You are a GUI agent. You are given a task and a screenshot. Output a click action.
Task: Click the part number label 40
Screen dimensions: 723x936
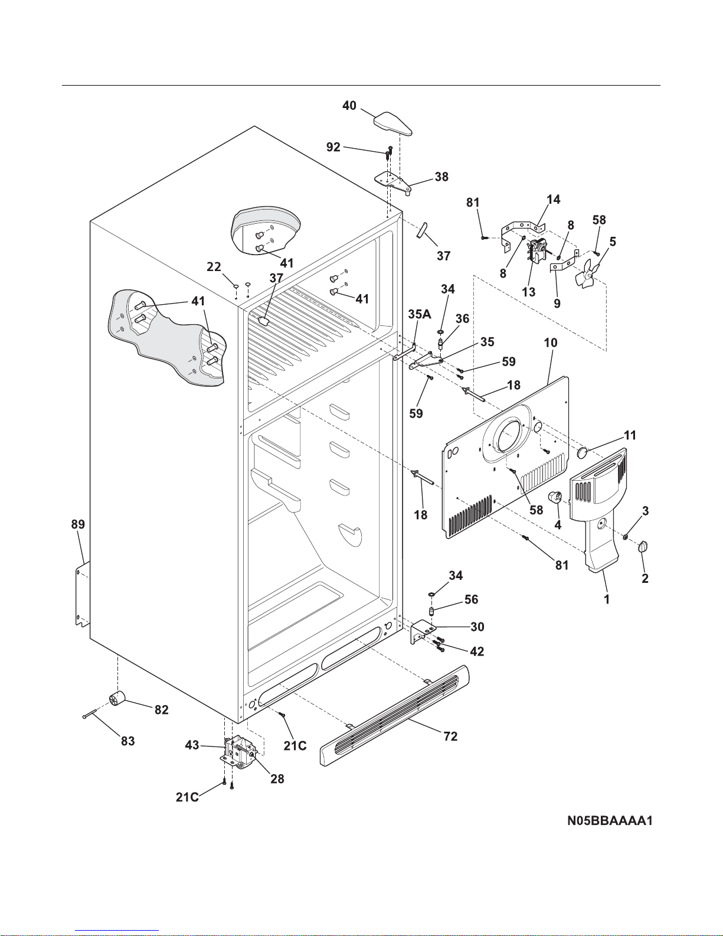coord(349,106)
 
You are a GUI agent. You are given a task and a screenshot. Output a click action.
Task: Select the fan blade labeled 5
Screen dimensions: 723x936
coord(587,273)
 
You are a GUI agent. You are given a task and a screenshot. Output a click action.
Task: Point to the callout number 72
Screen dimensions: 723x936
coord(450,736)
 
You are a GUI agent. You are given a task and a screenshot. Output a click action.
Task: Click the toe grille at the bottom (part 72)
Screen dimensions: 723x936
coord(394,715)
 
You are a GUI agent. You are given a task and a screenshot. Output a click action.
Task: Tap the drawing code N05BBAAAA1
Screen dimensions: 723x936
coord(610,820)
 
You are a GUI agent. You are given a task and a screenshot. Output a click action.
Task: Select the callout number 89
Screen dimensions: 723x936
coord(78,524)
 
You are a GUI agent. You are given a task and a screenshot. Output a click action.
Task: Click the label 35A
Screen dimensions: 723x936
coord(419,314)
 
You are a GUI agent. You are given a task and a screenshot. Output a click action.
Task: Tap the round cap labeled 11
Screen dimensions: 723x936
coord(582,452)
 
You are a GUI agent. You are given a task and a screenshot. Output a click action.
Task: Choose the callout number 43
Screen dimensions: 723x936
coord(192,745)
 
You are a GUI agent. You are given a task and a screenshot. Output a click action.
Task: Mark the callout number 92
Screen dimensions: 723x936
coord(333,147)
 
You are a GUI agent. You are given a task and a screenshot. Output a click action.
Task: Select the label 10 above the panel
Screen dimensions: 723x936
coord(551,343)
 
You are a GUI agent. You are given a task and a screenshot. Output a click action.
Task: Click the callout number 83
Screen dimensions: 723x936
coord(127,741)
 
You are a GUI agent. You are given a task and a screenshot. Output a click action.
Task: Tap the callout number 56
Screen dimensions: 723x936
coord(471,599)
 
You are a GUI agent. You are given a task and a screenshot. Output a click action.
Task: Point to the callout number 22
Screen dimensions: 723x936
coord(214,267)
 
